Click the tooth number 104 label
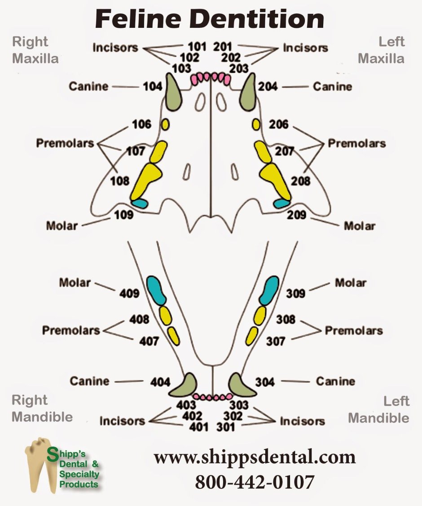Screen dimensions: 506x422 (152, 86)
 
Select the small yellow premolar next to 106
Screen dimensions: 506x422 (165, 124)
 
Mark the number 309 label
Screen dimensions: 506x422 (296, 293)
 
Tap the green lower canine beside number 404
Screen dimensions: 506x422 (185, 385)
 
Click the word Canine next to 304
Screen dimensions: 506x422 (335, 381)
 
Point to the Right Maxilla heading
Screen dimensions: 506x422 (35, 50)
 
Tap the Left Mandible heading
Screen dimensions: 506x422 (379, 409)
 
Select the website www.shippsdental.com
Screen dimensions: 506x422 (255, 457)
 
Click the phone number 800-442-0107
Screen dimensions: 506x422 (255, 482)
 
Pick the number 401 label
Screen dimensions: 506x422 (198, 427)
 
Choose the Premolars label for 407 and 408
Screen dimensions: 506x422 (71, 330)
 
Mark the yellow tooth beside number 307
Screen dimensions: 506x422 (252, 336)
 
